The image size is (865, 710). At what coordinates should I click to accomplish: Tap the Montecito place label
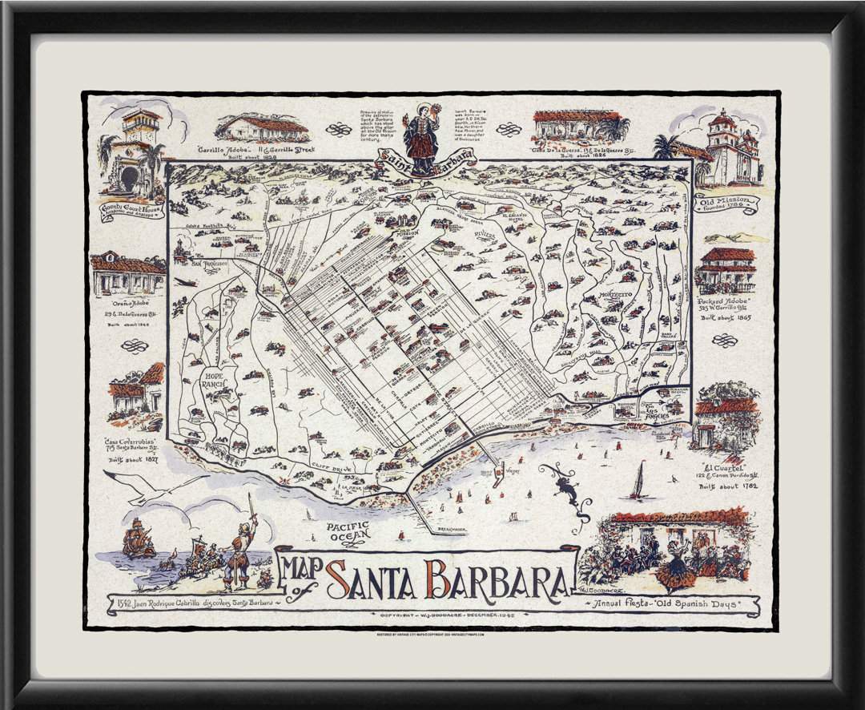pyautogui.click(x=614, y=295)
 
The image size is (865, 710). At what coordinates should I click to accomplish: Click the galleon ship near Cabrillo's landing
pyautogui.click(x=138, y=539)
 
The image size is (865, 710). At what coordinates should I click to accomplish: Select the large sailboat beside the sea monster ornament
pyautogui.click(x=638, y=480)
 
